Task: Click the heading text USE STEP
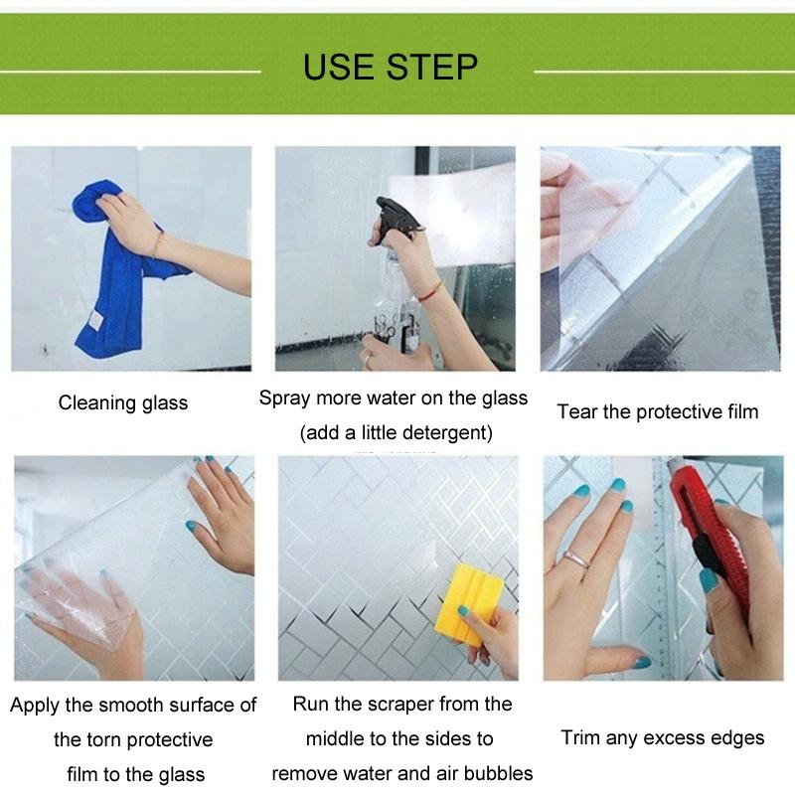(391, 67)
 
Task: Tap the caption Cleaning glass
(123, 402)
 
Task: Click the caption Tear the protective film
(657, 411)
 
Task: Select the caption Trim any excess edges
(663, 737)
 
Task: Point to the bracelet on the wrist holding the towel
(158, 243)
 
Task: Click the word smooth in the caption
(134, 706)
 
